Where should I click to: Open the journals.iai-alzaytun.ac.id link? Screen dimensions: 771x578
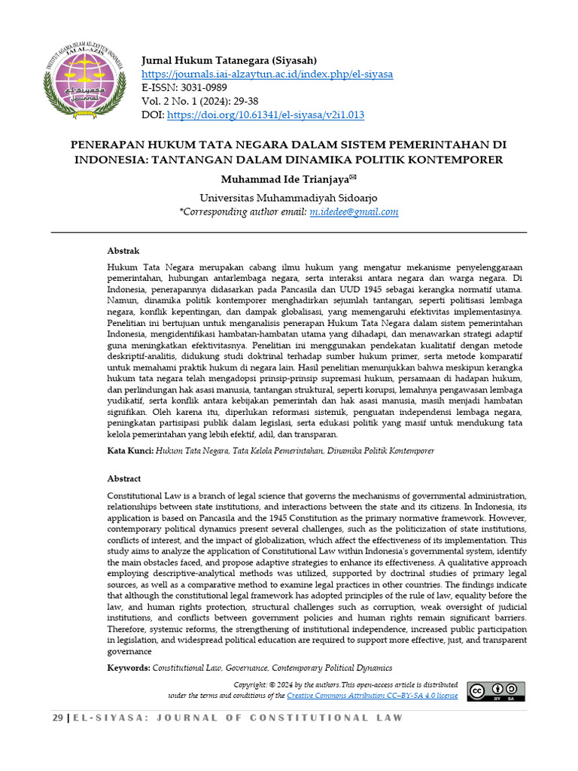coord(267,75)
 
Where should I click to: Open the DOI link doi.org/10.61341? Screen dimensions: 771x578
coord(265,115)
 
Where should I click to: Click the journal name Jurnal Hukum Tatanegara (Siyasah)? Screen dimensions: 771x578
coord(229,60)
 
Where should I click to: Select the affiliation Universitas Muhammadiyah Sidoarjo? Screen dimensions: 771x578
coord(288,197)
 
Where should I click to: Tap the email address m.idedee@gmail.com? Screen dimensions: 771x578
coord(354,212)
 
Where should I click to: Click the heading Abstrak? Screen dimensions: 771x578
coord(123,251)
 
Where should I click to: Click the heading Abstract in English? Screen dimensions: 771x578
coord(124,478)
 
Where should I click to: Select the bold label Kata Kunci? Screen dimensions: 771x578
coord(130,451)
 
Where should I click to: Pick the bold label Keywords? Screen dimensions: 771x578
coord(129,668)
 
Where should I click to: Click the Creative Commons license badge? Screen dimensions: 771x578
coord(495,691)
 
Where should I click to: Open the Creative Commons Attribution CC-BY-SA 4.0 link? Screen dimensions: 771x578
coord(372,696)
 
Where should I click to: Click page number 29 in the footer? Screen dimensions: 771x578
coord(58,718)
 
